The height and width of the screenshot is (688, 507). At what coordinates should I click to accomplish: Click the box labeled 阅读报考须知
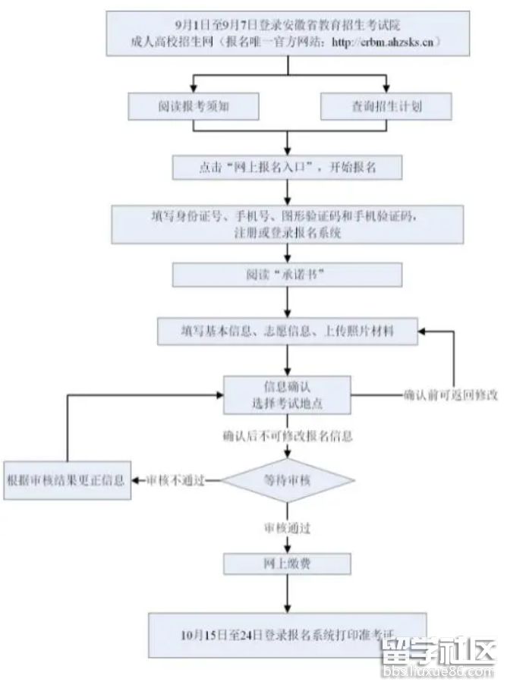click(x=194, y=107)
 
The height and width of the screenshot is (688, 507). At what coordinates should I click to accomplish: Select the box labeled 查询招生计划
click(x=386, y=107)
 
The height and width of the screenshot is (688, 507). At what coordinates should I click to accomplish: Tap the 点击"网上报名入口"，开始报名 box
click(x=286, y=168)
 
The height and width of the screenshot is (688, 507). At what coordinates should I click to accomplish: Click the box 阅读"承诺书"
click(x=286, y=275)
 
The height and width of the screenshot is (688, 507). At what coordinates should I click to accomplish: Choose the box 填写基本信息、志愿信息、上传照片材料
click(x=286, y=331)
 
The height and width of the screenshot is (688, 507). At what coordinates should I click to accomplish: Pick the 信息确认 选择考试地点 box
click(x=286, y=394)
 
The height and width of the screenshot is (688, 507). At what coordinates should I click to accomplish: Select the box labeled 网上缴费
click(x=286, y=563)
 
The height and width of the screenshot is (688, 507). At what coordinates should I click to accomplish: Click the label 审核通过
click(x=286, y=526)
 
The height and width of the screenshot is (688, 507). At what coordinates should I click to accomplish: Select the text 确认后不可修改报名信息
click(x=286, y=437)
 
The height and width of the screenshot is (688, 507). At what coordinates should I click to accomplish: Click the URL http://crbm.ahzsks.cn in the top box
click(x=386, y=42)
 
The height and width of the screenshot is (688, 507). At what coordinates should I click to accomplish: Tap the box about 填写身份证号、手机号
click(x=286, y=224)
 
